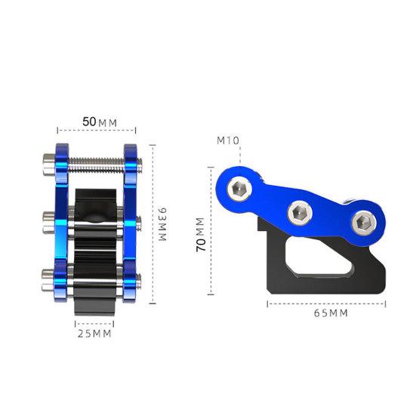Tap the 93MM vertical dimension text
click(161, 224)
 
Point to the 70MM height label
click(200, 235)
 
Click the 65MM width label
click(326, 313)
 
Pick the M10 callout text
click(228, 140)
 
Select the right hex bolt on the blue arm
click(362, 221)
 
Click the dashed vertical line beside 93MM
click(153, 224)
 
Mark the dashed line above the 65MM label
click(326, 303)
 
